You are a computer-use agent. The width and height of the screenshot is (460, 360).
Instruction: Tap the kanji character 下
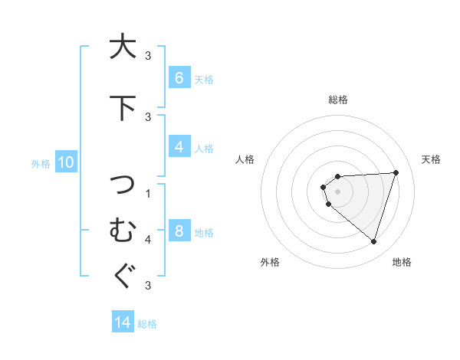pyautogui.click(x=120, y=107)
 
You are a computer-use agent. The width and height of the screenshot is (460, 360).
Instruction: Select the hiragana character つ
pyautogui.click(x=120, y=185)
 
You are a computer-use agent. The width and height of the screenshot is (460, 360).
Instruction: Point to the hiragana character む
pyautogui.click(x=120, y=229)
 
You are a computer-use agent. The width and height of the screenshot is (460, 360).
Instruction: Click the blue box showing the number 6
pyautogui.click(x=179, y=78)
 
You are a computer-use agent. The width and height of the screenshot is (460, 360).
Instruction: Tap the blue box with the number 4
pyautogui.click(x=179, y=148)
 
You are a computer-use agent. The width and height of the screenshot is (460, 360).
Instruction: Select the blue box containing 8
pyautogui.click(x=179, y=231)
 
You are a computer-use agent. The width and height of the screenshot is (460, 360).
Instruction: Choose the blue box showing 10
pyautogui.click(x=65, y=162)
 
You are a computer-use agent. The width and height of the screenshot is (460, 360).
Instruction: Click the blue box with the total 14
pyautogui.click(x=123, y=322)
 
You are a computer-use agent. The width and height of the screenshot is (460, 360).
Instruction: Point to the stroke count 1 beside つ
pyautogui.click(x=148, y=193)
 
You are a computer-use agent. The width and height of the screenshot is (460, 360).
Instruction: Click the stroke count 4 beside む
pyautogui.click(x=148, y=240)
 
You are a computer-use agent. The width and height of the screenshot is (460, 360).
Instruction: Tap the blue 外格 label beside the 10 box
pyautogui.click(x=41, y=163)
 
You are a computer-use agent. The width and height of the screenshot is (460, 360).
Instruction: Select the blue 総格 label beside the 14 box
pyautogui.click(x=147, y=323)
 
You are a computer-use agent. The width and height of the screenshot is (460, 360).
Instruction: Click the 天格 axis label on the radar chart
pyautogui.click(x=431, y=159)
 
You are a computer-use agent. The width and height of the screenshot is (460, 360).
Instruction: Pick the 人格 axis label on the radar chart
pyautogui.click(x=245, y=159)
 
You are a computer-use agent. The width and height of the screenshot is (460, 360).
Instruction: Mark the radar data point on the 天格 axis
pyautogui.click(x=396, y=172)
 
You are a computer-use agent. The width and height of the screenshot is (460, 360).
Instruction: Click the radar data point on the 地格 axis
pyautogui.click(x=373, y=241)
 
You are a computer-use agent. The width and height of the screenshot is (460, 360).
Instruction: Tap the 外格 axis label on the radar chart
pyautogui.click(x=269, y=262)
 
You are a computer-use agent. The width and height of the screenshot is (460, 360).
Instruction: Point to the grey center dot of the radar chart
pyautogui.click(x=337, y=191)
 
